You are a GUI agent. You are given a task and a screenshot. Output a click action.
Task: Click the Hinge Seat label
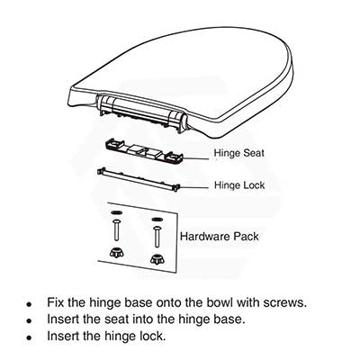click(239, 153)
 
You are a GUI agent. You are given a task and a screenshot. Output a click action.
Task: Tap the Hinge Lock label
click(239, 185)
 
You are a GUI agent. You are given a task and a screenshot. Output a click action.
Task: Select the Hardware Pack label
click(220, 237)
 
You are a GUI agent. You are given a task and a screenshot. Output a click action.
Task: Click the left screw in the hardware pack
click(116, 229)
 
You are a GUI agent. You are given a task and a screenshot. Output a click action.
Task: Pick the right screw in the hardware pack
click(157, 237)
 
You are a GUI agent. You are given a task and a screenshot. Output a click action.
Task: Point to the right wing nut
click(157, 260)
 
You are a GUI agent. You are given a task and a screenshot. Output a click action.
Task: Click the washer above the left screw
click(116, 212)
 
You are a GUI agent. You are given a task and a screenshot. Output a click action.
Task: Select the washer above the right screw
click(157, 220)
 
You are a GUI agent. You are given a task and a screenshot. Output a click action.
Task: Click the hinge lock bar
click(139, 179)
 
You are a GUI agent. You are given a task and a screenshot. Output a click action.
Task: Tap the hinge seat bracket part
click(144, 151)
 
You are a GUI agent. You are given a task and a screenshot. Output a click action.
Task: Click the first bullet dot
click(29, 304)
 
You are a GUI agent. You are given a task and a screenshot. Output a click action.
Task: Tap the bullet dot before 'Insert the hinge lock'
click(29, 337)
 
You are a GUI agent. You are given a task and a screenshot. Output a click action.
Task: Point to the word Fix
click(56, 302)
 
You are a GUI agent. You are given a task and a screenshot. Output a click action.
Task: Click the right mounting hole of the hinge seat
click(173, 157)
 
